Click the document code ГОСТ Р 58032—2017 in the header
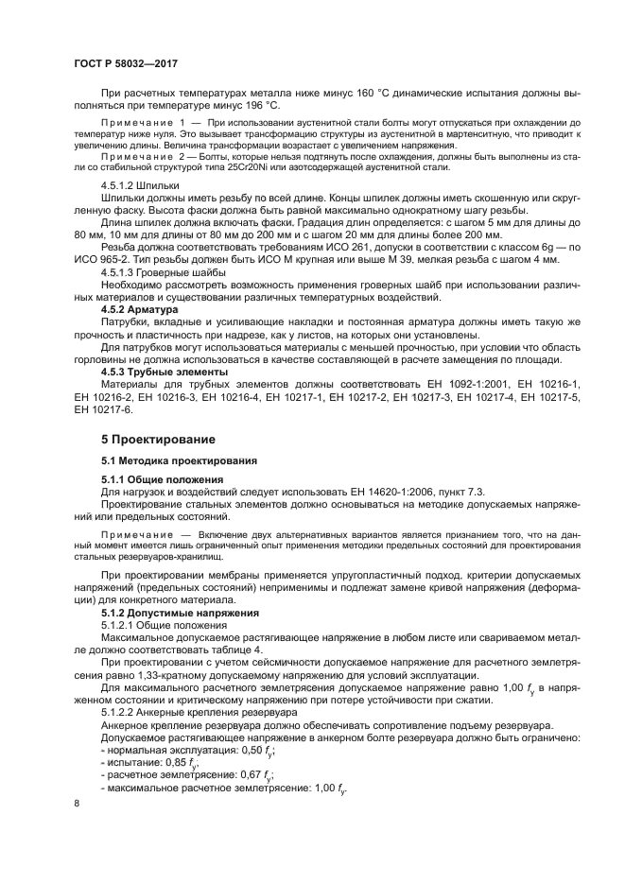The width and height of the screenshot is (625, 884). pos(126,63)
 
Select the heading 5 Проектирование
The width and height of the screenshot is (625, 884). pos(158,440)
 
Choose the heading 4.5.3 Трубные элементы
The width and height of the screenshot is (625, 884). pos(165,372)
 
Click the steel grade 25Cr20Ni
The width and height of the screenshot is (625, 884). pos(246,167)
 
